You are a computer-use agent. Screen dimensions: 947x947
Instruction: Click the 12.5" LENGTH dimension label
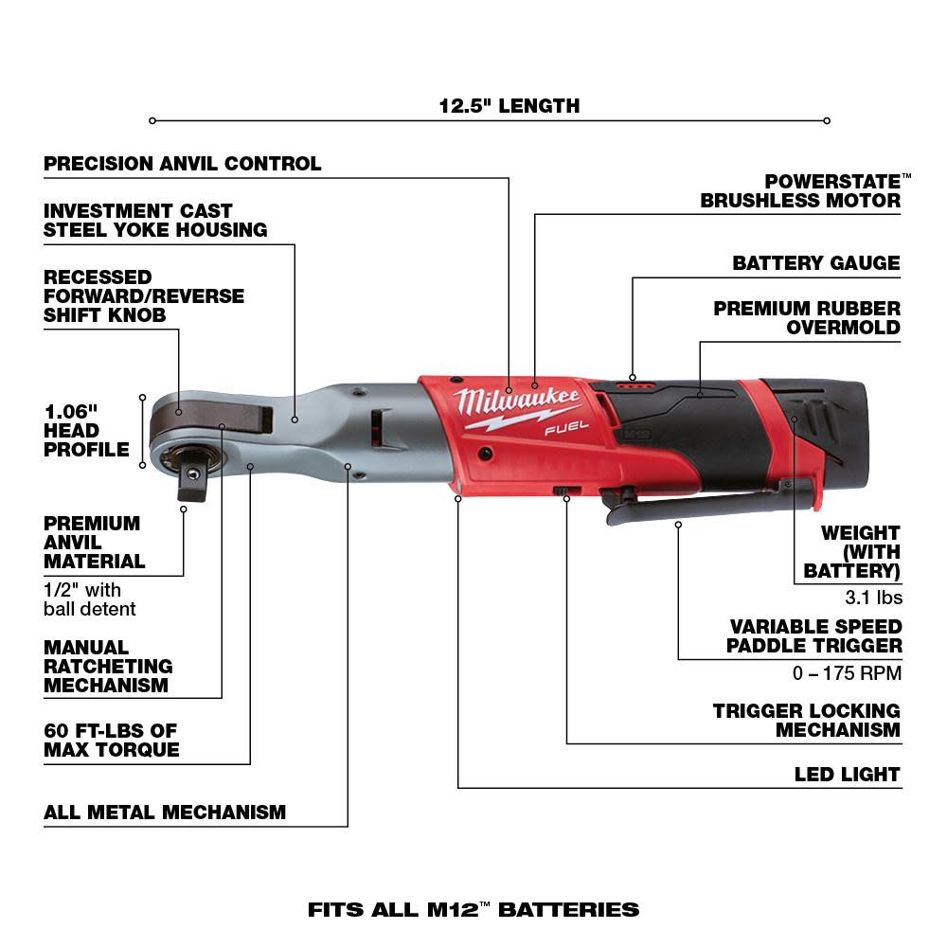click(x=509, y=106)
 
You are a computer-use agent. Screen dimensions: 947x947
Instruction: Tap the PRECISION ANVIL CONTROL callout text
click(x=183, y=164)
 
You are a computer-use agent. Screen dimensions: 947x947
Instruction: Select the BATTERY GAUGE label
click(x=815, y=263)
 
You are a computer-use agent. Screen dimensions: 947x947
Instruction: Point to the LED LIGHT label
click(x=848, y=775)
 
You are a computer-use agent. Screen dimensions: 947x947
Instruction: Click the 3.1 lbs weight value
click(x=873, y=598)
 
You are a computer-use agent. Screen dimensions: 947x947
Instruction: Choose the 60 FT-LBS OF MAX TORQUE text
click(x=111, y=741)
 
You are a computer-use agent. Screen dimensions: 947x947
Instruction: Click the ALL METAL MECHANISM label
click(x=165, y=813)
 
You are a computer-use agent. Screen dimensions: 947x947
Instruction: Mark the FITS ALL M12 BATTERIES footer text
click(x=473, y=910)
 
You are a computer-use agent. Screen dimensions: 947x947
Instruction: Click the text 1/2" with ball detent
click(x=89, y=599)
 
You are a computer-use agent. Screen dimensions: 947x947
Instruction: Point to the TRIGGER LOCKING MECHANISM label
click(x=807, y=720)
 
